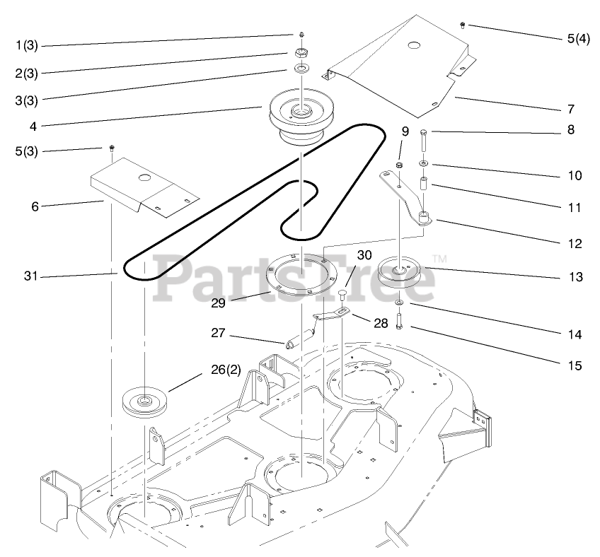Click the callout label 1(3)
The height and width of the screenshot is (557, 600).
pyautogui.click(x=27, y=46)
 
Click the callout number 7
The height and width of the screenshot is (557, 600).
pyautogui.click(x=570, y=109)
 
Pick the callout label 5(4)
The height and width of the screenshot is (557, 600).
pyautogui.click(x=578, y=38)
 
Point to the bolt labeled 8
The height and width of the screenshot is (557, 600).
pyautogui.click(x=422, y=141)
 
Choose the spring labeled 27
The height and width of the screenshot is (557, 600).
pyautogui.click(x=301, y=336)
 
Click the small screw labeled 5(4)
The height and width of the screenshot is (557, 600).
pyautogui.click(x=463, y=25)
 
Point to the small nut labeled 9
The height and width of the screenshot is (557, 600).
pyautogui.click(x=398, y=165)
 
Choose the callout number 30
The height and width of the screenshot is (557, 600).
pyautogui.click(x=364, y=255)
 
